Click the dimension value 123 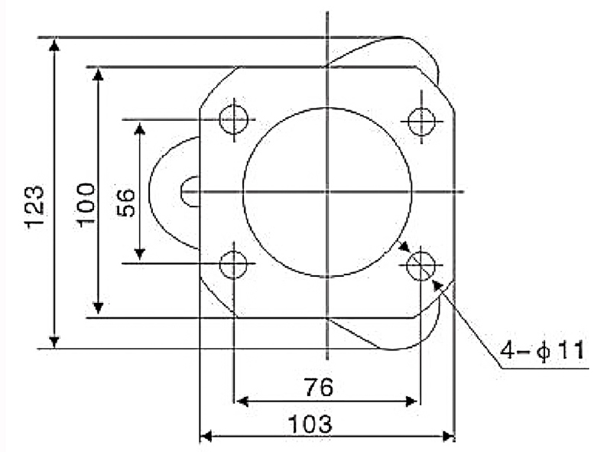(34, 208)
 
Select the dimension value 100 (86, 205)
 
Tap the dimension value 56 (126, 203)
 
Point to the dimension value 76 (319, 387)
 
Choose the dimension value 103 (310, 424)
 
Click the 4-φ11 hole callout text (542, 350)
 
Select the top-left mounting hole (234, 119)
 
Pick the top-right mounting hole (421, 122)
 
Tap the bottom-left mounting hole (233, 265)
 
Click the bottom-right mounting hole (421, 265)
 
